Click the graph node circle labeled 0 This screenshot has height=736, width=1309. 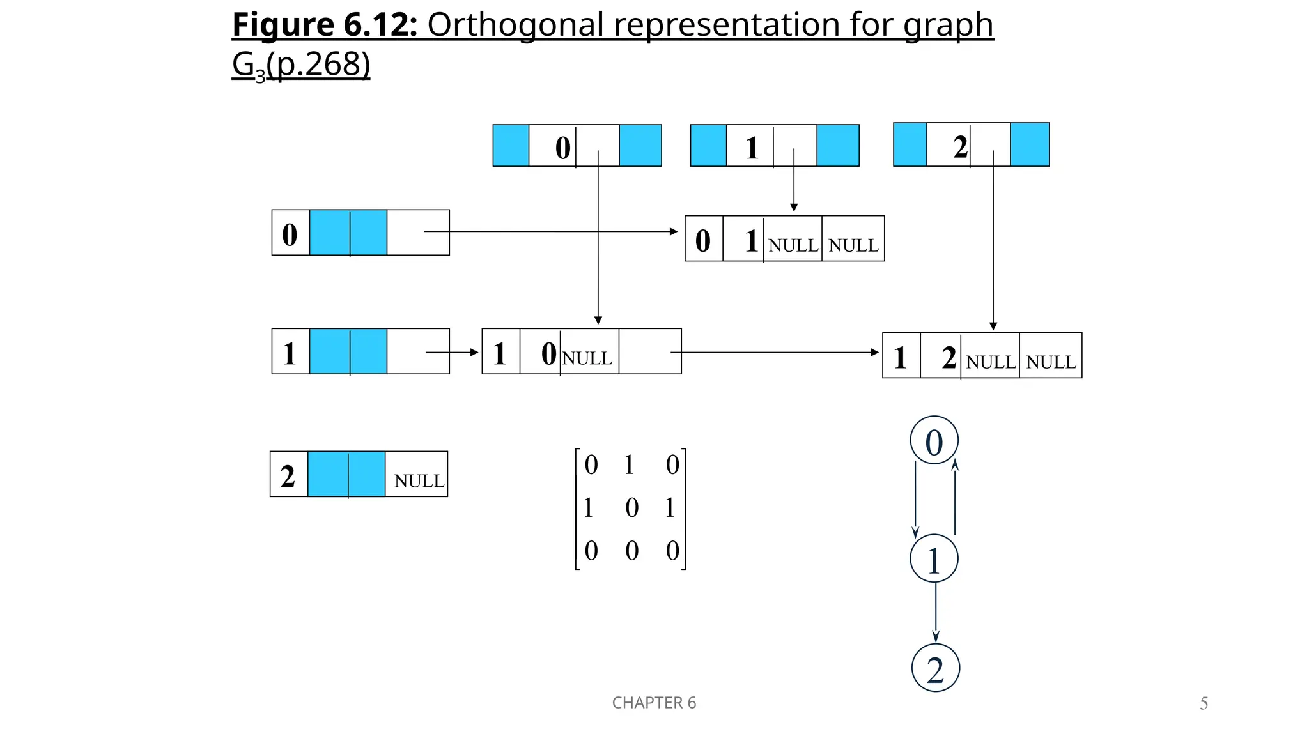[x=934, y=440]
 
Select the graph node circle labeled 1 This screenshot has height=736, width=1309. [x=934, y=558]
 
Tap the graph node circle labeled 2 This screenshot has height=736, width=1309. [x=935, y=668]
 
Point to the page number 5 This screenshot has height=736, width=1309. [x=1204, y=703]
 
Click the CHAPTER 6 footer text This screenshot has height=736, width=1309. [x=654, y=703]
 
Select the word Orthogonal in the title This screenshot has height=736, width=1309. [x=515, y=26]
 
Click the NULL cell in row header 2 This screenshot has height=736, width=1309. [x=419, y=480]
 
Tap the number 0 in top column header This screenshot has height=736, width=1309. [x=562, y=148]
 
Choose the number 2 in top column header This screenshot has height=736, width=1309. [x=960, y=147]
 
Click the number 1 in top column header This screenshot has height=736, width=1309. [x=752, y=148]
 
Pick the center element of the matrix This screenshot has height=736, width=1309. [x=631, y=508]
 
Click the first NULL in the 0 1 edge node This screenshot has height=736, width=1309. [x=793, y=245]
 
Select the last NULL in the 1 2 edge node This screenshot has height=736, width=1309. [x=1051, y=362]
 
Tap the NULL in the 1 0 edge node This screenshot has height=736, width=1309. [x=587, y=358]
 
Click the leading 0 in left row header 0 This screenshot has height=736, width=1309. [x=290, y=234]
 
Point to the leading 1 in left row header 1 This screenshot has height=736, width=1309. [x=290, y=353]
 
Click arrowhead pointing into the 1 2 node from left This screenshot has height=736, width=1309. [x=875, y=352]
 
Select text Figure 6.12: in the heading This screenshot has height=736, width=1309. [x=325, y=26]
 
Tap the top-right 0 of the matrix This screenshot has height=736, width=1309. [x=672, y=464]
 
